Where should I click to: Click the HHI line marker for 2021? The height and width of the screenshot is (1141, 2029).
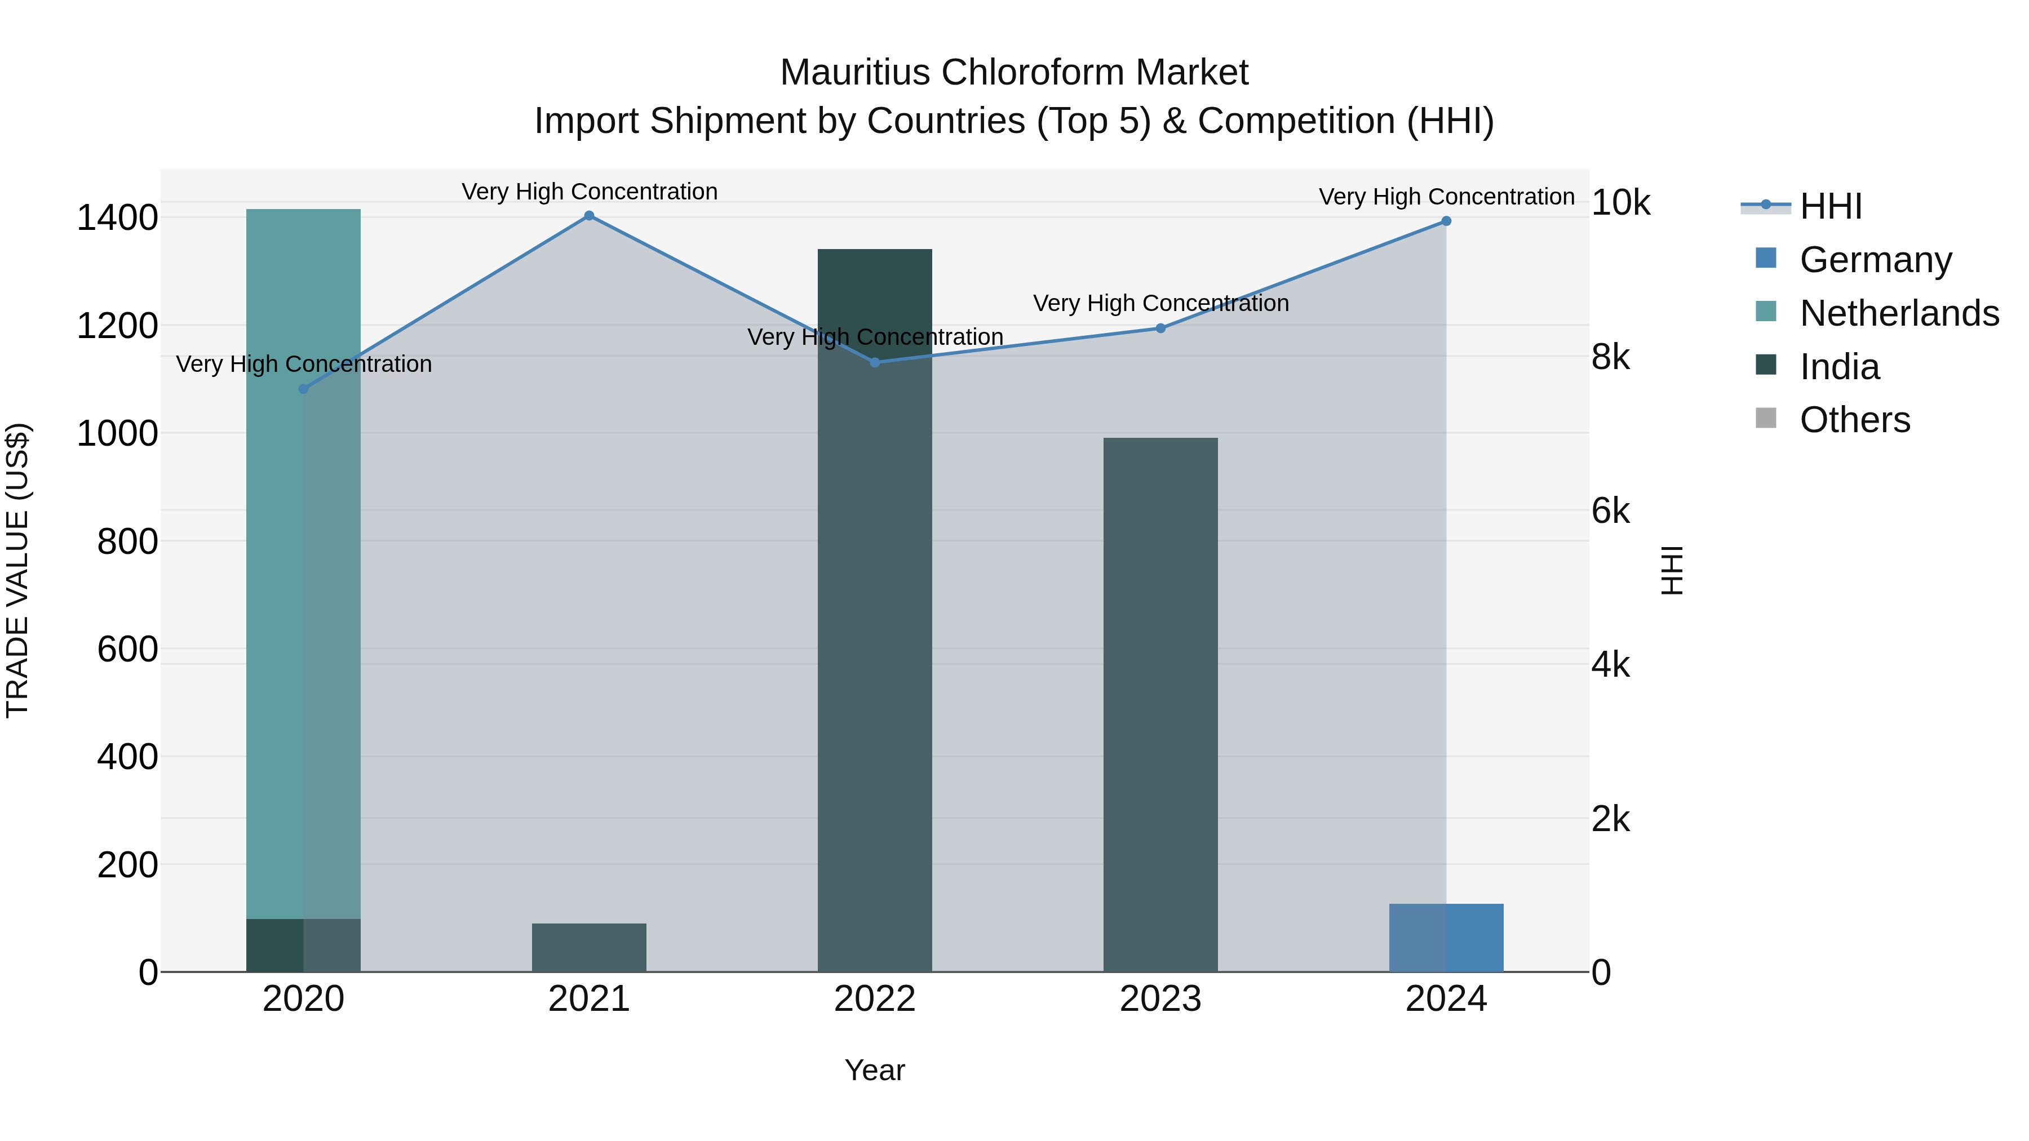click(x=589, y=216)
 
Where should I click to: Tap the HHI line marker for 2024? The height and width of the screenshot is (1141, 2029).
click(x=1446, y=221)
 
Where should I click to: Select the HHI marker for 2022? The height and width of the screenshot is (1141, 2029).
click(x=875, y=362)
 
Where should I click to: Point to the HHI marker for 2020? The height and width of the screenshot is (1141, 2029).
click(x=303, y=389)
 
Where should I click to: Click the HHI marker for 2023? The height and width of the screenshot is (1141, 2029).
click(x=1160, y=328)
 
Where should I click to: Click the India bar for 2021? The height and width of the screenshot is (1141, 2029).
click(x=589, y=948)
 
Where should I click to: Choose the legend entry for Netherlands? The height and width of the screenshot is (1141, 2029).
click(x=1898, y=313)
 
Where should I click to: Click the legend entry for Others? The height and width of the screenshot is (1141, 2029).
click(x=1854, y=420)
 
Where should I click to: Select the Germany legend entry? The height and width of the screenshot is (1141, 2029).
click(x=1875, y=260)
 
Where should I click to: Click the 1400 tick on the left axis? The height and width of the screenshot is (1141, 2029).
click(x=117, y=218)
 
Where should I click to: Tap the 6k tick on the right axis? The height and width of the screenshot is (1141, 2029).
click(x=1610, y=512)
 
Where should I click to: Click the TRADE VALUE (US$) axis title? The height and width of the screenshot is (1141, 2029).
click(x=17, y=570)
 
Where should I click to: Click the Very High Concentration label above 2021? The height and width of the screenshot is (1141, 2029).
click(x=589, y=192)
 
